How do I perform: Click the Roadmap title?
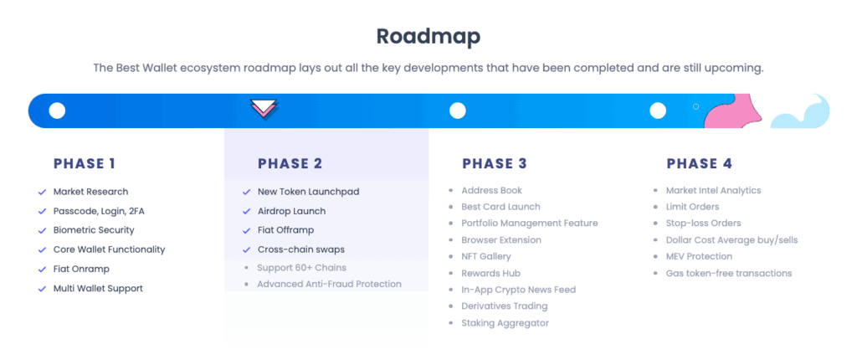point(428,37)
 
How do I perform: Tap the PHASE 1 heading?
point(85,163)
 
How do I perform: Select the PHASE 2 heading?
point(290,163)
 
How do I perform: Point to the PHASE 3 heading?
point(494,163)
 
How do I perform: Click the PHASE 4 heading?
point(699,163)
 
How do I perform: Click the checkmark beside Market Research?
point(42,192)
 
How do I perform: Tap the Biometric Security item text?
point(94,230)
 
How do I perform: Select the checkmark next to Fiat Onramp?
point(42,270)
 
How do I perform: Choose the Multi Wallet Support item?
point(98,288)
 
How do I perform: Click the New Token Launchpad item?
point(308,192)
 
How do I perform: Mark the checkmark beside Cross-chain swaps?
point(247,250)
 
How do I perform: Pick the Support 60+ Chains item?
point(301,268)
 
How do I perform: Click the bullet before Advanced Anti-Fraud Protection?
point(247,285)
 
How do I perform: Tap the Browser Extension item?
point(501,240)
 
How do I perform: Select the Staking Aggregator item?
point(505,323)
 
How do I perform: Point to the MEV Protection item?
point(699,256)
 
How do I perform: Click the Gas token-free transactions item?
point(729,273)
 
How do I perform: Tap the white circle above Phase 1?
point(57,111)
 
